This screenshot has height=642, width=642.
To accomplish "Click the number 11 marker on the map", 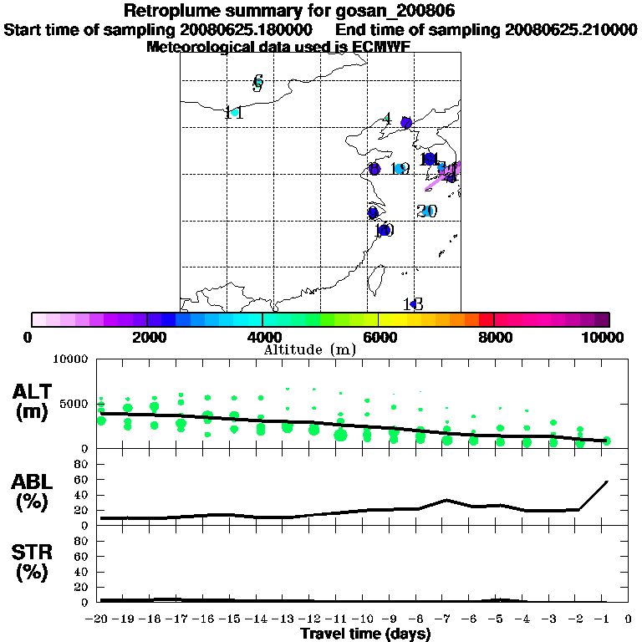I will [x=234, y=113].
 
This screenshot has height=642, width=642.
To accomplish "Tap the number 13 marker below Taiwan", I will [x=413, y=303].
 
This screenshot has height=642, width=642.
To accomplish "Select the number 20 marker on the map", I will [x=427, y=211].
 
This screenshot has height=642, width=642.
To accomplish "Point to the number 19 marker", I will [x=400, y=169].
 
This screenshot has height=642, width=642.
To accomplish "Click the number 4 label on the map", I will [x=386, y=119].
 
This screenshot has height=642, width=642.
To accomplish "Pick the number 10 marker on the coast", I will [x=385, y=230].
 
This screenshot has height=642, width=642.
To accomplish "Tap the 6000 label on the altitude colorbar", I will [x=379, y=337].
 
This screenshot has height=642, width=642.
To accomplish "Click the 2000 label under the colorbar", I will [x=146, y=337].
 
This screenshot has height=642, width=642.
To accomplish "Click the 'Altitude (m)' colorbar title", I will [x=309, y=349].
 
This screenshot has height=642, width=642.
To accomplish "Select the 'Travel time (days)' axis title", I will [x=365, y=634].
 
